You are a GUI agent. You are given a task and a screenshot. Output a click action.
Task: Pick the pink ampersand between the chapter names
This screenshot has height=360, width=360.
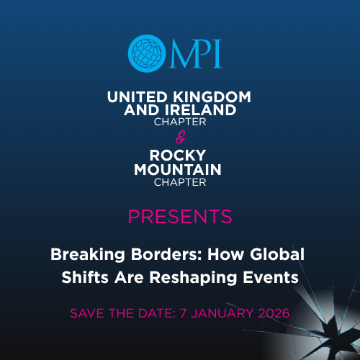click(180, 134)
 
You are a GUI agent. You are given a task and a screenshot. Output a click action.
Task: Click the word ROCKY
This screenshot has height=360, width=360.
click(180, 156)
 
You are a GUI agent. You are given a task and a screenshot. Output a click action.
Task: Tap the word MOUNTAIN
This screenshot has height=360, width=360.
click(180, 169)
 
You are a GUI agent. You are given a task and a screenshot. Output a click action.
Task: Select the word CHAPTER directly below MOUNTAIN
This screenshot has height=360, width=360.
click(180, 181)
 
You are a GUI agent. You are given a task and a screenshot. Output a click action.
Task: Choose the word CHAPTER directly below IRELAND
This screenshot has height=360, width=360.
click(180, 122)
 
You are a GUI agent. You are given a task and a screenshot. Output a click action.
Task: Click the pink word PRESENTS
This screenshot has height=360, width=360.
click(180, 216)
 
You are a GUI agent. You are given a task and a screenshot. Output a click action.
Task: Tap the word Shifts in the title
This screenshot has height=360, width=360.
click(89, 277)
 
